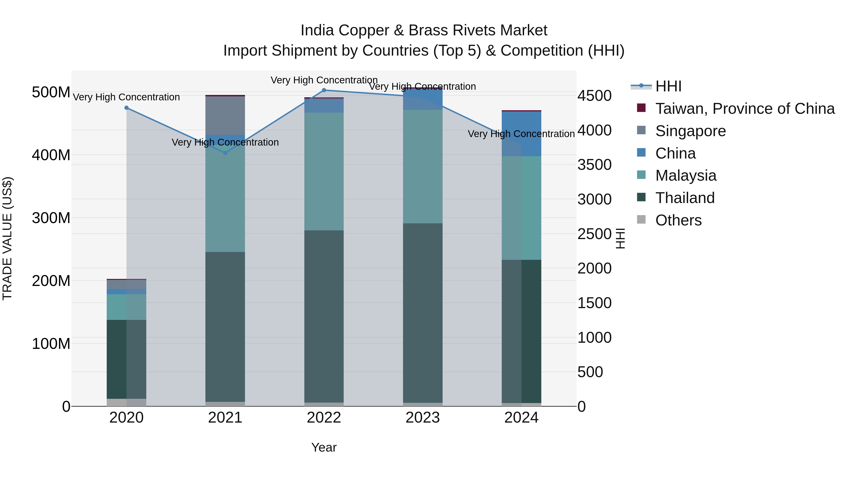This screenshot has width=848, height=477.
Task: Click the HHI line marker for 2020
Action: (x=126, y=108)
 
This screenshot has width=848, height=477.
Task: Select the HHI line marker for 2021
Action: (x=225, y=153)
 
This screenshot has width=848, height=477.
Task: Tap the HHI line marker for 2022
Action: (x=324, y=90)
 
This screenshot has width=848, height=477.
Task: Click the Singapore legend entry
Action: (x=690, y=131)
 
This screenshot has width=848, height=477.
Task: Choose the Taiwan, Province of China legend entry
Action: (x=745, y=109)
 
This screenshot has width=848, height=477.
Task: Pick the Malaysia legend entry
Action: (x=685, y=175)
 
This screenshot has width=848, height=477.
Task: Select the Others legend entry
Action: (x=678, y=220)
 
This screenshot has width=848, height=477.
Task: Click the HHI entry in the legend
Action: (x=668, y=86)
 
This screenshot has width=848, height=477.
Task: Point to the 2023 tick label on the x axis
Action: (x=423, y=418)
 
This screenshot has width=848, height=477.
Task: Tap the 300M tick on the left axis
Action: (x=51, y=218)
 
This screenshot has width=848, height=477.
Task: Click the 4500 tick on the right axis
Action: (x=594, y=96)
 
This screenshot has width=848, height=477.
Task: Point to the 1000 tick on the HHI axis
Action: (x=594, y=337)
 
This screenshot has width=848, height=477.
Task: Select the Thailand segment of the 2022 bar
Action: (x=324, y=316)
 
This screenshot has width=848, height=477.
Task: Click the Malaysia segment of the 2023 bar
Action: (x=423, y=166)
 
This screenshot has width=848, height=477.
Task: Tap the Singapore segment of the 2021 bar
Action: (x=225, y=115)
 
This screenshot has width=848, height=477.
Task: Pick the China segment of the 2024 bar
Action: (x=522, y=134)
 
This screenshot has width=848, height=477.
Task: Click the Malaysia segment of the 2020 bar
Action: (x=126, y=307)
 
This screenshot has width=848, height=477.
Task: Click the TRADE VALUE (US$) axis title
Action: (x=7, y=238)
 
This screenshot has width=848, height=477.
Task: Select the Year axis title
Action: (x=324, y=447)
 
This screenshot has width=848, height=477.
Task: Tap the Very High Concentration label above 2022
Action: (x=324, y=80)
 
